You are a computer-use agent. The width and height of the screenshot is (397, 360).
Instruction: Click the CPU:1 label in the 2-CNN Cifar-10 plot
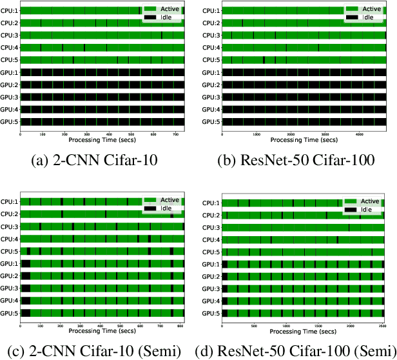click(x=10, y=11)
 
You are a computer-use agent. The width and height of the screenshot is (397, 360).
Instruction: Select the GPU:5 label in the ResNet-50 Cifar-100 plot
click(x=211, y=122)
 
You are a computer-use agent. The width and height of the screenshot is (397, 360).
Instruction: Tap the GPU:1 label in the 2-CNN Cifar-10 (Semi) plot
click(x=10, y=264)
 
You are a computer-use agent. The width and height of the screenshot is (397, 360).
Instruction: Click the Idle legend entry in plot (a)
click(x=166, y=17)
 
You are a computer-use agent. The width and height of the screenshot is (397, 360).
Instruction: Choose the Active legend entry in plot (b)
click(x=367, y=9)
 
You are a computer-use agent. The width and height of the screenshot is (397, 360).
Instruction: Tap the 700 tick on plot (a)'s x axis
click(x=175, y=134)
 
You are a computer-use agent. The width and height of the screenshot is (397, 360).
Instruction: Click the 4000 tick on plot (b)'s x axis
click(x=359, y=134)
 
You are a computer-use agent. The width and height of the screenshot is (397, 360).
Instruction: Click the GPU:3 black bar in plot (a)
click(x=102, y=97)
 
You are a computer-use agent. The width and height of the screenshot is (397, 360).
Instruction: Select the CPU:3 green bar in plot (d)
click(x=303, y=228)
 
